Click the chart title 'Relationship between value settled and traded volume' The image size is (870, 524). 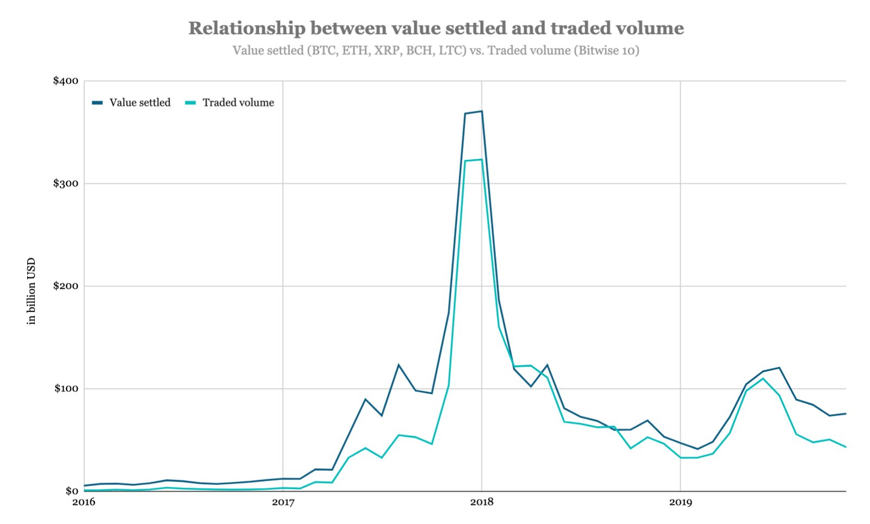pos(436,28)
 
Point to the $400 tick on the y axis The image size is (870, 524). pos(65,81)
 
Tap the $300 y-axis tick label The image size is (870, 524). pos(65,183)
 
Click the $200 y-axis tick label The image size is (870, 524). pos(65,286)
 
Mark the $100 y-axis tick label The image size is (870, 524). pos(66,389)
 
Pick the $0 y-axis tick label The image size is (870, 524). pos(71,491)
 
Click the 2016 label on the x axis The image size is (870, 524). pos(84,502)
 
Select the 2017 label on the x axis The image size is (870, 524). pos(283,502)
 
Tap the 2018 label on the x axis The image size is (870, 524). pos(482,502)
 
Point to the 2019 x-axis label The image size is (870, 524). pos(680,502)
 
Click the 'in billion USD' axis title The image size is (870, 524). pos(31,291)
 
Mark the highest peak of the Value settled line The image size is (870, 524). pos(482,111)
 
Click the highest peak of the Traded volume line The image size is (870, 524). pos(482,160)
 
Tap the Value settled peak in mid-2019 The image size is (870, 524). pos(779,368)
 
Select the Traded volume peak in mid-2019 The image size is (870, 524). pos(763,378)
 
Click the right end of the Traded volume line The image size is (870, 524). pos(846,447)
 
